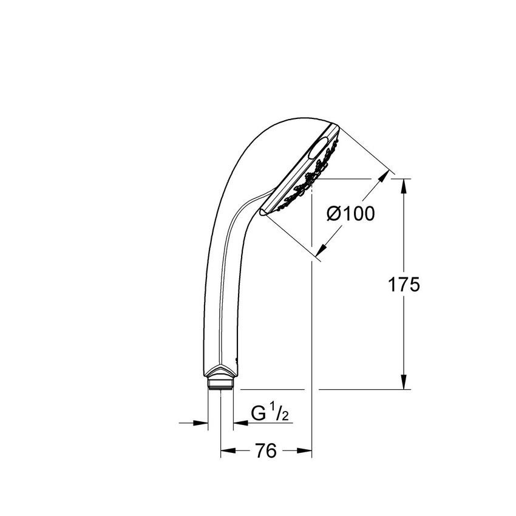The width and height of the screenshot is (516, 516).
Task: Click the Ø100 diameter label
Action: [x=350, y=214]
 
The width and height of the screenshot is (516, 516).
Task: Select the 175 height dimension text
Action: [x=404, y=284]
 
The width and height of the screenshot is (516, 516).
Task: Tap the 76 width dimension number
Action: [x=266, y=450]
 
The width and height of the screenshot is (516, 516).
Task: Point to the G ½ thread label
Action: [x=270, y=413]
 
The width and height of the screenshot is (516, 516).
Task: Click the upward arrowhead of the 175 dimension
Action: [x=404, y=186]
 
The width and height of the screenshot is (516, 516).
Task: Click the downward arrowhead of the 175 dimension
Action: [x=404, y=382]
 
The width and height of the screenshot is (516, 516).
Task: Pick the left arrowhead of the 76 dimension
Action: [x=228, y=450]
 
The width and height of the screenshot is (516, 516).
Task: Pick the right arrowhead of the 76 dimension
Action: [x=304, y=450]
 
